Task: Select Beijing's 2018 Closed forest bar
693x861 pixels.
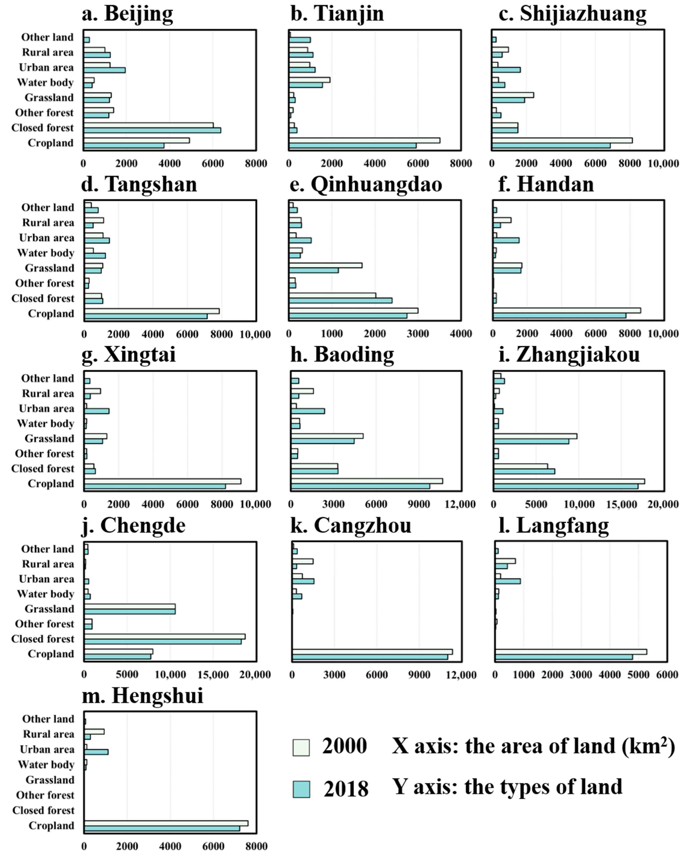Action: (152, 130)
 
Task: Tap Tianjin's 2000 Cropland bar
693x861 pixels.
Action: (365, 140)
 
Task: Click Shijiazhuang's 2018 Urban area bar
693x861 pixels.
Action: (506, 70)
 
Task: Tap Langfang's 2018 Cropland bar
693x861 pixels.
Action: (563, 657)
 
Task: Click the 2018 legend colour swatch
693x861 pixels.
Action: (301, 789)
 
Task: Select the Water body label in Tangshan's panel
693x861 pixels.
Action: (45, 253)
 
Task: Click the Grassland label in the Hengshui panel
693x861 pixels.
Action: (50, 780)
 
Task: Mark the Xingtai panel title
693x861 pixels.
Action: (129, 355)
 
